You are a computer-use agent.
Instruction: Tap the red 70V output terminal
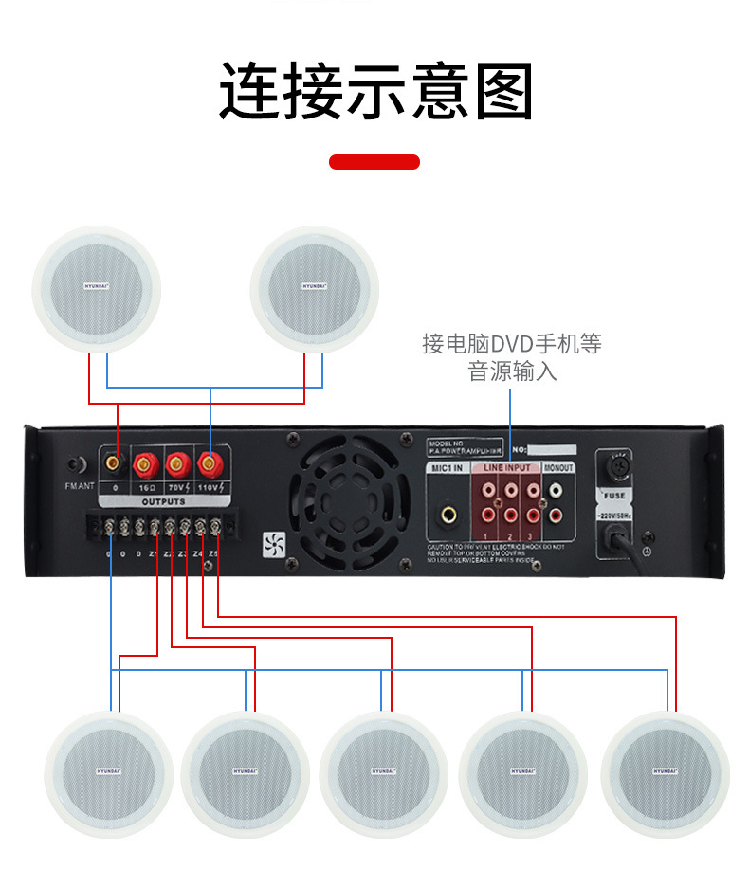click(x=175, y=463)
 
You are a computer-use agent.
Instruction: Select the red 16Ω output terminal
click(x=146, y=463)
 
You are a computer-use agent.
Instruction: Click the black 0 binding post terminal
click(x=115, y=463)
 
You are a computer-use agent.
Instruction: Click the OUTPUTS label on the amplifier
click(x=163, y=500)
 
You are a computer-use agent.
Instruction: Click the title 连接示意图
click(x=375, y=92)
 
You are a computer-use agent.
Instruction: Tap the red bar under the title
click(x=374, y=162)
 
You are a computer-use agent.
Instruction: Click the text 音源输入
click(x=512, y=371)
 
